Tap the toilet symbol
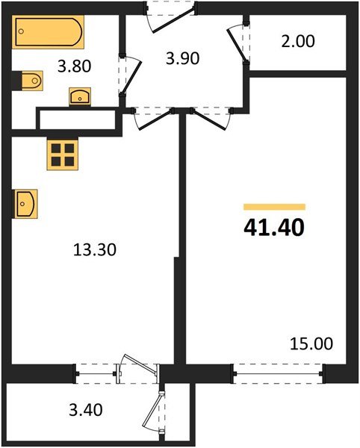pyautogui.click(x=28, y=80)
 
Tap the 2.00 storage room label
pyautogui.click(x=297, y=41)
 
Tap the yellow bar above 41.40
pyautogui.click(x=275, y=207)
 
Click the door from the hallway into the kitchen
pyautogui.click(x=152, y=118)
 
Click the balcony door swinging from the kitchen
pyautogui.click(x=139, y=370)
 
